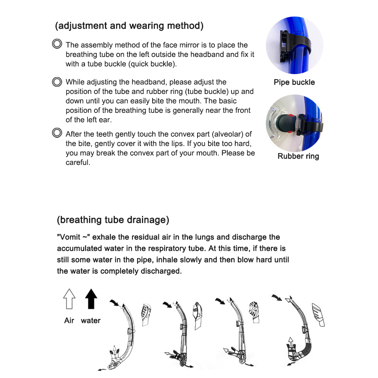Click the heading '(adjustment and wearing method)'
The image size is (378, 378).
coord(129,26)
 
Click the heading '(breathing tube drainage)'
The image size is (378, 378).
coord(113,220)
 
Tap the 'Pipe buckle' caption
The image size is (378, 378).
coord(294,82)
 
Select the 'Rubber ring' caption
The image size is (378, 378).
coord(298,156)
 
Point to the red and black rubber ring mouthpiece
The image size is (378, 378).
coord(284,122)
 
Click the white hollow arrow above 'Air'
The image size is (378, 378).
coord(69,299)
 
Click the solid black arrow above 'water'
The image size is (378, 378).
coord(91,299)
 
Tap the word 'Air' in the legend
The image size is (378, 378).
coord(69,321)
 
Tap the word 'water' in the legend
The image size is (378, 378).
coord(91,321)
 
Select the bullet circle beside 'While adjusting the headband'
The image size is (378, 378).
coord(57,82)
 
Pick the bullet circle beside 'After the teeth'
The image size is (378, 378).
coord(57,133)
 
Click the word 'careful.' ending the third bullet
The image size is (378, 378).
coord(78,163)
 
